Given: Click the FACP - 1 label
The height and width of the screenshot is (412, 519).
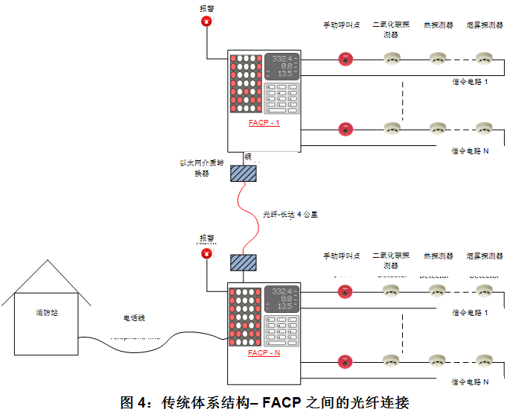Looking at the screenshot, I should coord(264,122).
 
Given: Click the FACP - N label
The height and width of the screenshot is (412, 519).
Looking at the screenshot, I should coord(264,352).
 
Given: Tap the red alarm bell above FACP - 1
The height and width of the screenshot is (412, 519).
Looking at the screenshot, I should coord(206,22).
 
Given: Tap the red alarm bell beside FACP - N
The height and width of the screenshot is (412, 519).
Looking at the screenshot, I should coord(206,254).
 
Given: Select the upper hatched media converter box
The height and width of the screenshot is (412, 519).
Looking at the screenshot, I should coord(243,173).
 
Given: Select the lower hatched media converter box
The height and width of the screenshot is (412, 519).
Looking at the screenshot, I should coord(243,262).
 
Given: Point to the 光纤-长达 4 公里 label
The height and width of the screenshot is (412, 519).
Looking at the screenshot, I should coord(290,215).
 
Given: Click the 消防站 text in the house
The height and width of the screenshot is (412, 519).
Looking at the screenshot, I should coord(46,313).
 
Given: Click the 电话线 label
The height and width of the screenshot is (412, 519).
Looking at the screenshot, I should coord(134,317).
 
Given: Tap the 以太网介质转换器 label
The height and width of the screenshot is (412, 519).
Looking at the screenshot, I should coord(203,168).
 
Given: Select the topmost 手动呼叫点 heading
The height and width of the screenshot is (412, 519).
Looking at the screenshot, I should coord(341,25).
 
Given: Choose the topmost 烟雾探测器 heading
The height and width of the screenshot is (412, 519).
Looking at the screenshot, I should coord(485,25).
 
